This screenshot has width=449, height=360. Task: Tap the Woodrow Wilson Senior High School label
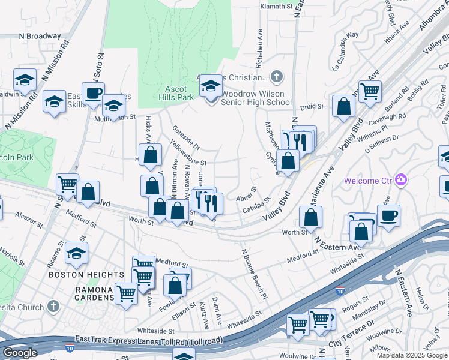(256, 98)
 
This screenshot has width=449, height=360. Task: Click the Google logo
(20, 353)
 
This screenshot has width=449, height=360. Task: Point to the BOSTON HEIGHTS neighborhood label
(86, 275)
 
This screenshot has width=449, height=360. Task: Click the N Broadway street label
(40, 37)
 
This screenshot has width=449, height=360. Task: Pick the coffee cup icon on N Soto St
(93, 94)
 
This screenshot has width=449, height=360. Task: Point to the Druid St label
(312, 107)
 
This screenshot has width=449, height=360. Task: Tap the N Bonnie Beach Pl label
(253, 273)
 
